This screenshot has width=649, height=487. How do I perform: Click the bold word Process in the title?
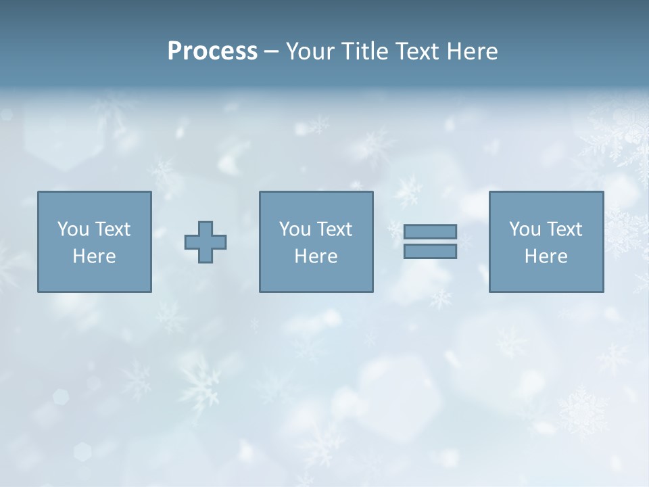[x=212, y=51]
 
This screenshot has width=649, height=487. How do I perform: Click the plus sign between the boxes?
[x=206, y=242]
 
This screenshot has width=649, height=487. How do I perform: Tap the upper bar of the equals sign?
[x=430, y=232]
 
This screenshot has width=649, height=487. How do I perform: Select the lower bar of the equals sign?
[x=430, y=252]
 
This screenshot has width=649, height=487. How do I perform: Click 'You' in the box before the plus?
[x=73, y=229]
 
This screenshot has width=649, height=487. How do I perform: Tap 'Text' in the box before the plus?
[x=112, y=229]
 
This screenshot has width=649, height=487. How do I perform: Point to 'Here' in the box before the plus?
[x=95, y=256]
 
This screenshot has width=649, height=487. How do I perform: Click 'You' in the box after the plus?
[x=295, y=229]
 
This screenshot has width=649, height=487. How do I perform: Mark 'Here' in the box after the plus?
[x=316, y=256]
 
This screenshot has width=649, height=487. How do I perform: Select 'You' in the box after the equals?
[x=525, y=229]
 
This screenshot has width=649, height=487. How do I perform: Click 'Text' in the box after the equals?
[x=563, y=229]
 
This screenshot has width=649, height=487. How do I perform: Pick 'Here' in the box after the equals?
[x=546, y=256]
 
